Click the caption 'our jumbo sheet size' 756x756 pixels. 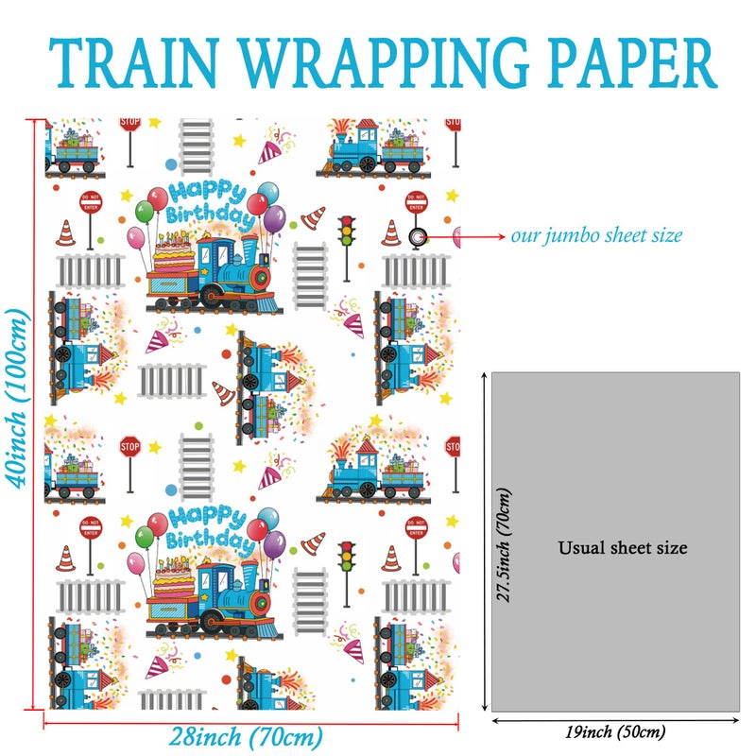pyautogui.click(x=596, y=235)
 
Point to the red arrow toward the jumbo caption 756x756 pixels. pyautogui.click(x=464, y=237)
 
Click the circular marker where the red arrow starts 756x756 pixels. pyautogui.click(x=417, y=237)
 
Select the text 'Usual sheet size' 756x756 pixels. pyautogui.click(x=623, y=548)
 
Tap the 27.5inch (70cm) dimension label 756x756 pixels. pyautogui.click(x=504, y=545)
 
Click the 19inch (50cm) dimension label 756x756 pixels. pyautogui.click(x=615, y=731)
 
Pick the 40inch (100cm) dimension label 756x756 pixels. pyautogui.click(x=17, y=398)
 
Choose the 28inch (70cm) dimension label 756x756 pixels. pyautogui.click(x=246, y=738)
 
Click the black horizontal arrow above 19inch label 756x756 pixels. pyautogui.click(x=615, y=721)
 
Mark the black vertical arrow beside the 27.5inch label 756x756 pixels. pyautogui.click(x=485, y=541)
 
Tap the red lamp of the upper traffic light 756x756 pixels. pyautogui.click(x=346, y=221)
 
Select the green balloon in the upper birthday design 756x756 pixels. pyautogui.click(x=145, y=212)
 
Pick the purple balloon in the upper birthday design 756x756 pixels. pyautogui.click(x=274, y=219)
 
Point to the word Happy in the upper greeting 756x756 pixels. pyautogui.click(x=207, y=192)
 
